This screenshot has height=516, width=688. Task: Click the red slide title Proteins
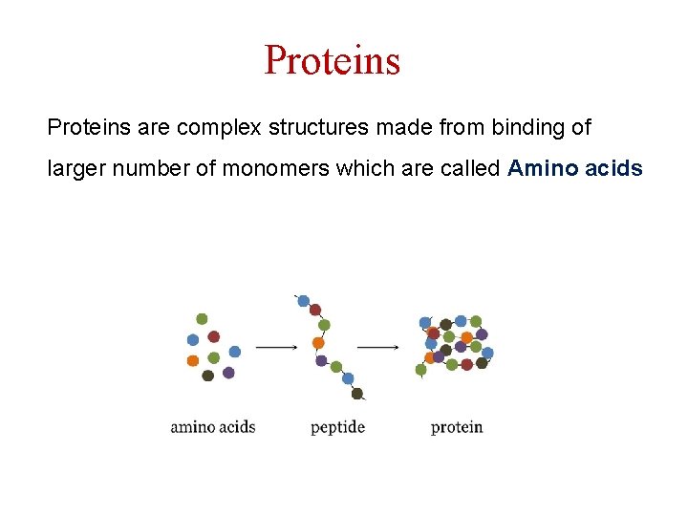pyautogui.click(x=332, y=60)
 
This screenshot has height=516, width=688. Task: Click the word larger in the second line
pyautogui.click(x=76, y=169)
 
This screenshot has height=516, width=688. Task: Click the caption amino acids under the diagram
pyautogui.click(x=212, y=427)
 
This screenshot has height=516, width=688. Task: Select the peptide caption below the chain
pyautogui.click(x=337, y=427)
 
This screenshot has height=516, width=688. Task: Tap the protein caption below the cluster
pyautogui.click(x=457, y=427)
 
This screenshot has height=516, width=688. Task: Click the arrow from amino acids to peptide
pyautogui.click(x=276, y=348)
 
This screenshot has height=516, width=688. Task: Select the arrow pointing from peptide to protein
pyautogui.click(x=378, y=348)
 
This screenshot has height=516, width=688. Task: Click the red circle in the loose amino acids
pyautogui.click(x=214, y=336)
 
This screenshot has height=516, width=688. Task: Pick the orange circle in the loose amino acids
pyautogui.click(x=192, y=360)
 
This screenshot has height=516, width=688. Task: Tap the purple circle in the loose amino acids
pyautogui.click(x=228, y=373)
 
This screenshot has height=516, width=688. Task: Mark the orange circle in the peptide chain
pyautogui.click(x=318, y=343)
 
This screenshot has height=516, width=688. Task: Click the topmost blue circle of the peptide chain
pyautogui.click(x=304, y=301)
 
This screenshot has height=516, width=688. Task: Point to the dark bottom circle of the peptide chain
pyautogui.click(x=357, y=393)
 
